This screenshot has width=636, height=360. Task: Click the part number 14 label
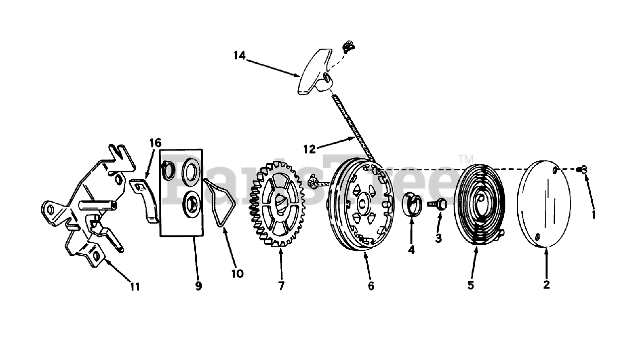(x=240, y=56)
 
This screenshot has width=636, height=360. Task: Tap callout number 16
(x=156, y=144)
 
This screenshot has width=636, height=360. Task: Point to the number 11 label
(x=135, y=287)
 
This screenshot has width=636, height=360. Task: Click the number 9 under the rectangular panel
(x=198, y=286)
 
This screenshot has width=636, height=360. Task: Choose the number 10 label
(x=237, y=274)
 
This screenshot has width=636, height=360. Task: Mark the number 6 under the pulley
(x=371, y=286)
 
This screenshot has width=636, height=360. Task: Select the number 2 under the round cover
(x=547, y=285)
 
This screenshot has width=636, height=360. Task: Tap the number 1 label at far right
(x=594, y=215)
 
